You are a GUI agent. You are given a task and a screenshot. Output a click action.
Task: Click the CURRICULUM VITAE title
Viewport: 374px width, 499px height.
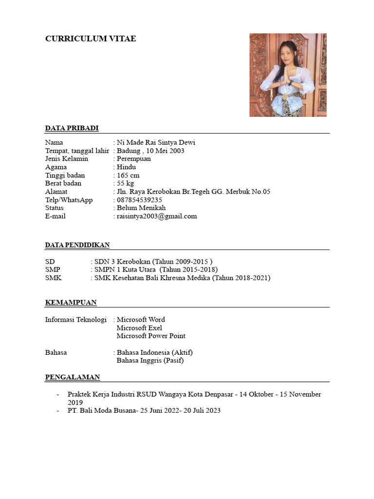[91, 39]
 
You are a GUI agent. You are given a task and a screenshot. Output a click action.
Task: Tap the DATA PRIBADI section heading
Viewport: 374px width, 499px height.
[72, 128]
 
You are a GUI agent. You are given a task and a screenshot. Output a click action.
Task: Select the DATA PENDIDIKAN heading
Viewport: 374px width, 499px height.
[77, 245]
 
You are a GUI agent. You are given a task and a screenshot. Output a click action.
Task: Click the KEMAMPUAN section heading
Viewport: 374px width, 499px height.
[71, 303]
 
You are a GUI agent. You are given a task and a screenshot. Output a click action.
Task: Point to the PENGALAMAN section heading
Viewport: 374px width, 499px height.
[73, 377]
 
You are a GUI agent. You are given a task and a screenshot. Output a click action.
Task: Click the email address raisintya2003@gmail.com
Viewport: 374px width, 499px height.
[157, 216]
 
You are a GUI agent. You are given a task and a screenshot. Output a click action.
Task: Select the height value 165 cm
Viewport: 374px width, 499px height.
[128, 175]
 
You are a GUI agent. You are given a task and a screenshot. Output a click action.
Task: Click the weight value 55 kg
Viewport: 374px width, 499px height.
[125, 184]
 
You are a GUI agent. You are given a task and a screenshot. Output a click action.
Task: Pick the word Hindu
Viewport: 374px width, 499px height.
[126, 167]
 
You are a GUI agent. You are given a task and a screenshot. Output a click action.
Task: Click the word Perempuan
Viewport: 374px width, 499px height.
[133, 159]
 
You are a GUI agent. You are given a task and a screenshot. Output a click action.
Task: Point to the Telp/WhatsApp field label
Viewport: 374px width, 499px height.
[69, 200]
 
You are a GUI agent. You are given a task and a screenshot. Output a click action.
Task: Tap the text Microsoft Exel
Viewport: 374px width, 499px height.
[139, 328]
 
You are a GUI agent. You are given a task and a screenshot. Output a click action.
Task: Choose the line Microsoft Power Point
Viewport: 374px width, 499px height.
[151, 336]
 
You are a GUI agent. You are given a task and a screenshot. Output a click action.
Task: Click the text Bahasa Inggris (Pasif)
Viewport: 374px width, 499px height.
[150, 361]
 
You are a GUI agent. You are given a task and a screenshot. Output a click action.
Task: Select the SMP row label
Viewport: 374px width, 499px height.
[53, 269]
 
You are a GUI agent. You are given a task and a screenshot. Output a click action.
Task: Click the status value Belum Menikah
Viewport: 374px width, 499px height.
[141, 208]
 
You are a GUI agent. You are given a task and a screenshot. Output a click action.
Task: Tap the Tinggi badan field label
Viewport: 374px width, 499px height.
[65, 175]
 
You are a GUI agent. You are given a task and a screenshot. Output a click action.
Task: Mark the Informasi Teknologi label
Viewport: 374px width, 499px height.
[75, 320]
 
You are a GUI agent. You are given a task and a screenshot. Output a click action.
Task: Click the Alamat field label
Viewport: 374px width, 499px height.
[56, 192]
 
